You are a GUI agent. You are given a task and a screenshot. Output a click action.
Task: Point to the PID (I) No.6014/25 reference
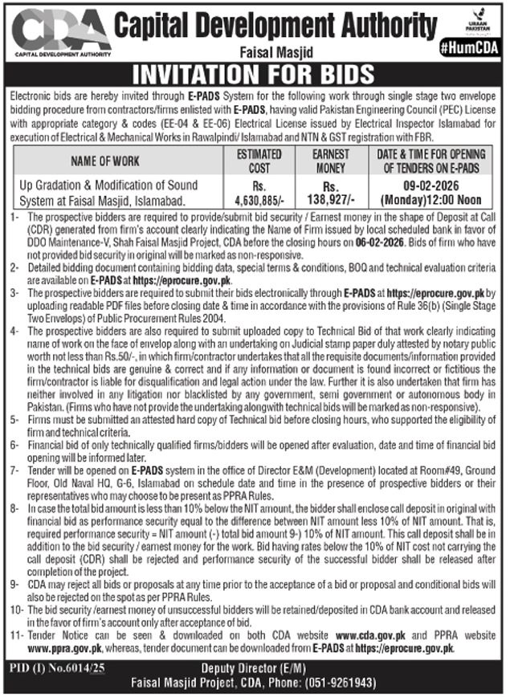tap(52, 668)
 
